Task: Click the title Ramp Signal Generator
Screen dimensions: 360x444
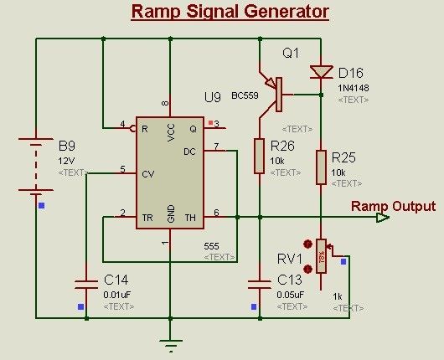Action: click(230, 12)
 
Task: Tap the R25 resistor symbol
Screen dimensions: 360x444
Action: click(321, 167)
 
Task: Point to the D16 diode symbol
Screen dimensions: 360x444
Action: click(321, 71)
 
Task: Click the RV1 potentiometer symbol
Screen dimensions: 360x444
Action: click(321, 255)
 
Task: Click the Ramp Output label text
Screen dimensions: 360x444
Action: click(393, 206)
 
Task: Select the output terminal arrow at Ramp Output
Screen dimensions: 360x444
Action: click(383, 218)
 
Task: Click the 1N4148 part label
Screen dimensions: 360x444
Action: click(354, 87)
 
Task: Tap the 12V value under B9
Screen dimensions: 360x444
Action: click(68, 159)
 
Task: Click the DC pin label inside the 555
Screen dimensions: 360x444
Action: click(189, 152)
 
